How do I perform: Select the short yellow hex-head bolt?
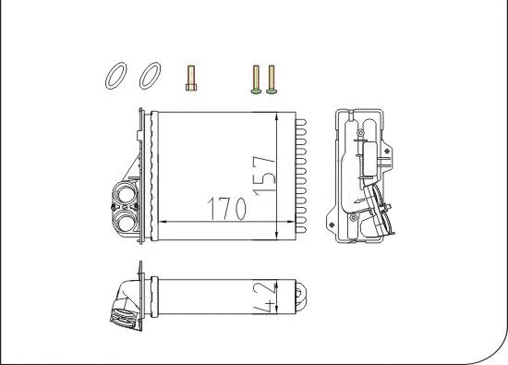(x=189, y=79)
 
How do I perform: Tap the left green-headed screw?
(x=254, y=79)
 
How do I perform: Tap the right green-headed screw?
(x=272, y=79)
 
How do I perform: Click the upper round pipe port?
(x=123, y=194)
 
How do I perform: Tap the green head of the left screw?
(x=254, y=91)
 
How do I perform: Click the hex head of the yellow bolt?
(x=189, y=89)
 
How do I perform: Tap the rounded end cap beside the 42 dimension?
(x=299, y=298)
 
